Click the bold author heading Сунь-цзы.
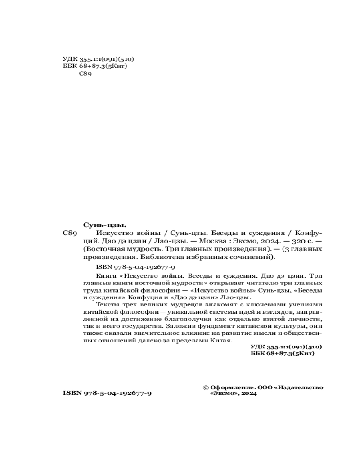click(104, 225)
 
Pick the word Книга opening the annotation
click(106, 275)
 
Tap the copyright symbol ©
click(206, 387)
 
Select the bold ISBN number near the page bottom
click(107, 393)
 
